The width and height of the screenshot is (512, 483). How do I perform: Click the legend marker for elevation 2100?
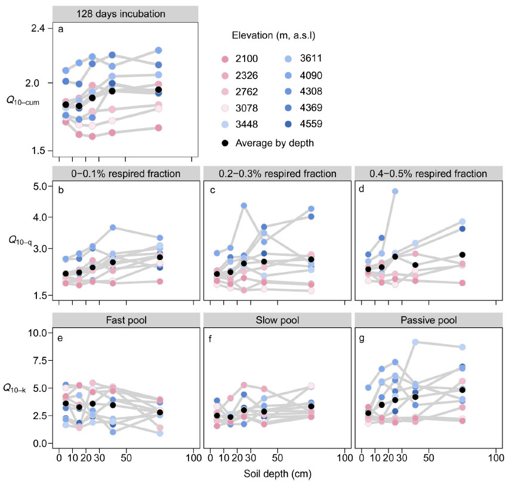225,58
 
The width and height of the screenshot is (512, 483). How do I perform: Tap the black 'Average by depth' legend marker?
225,144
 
